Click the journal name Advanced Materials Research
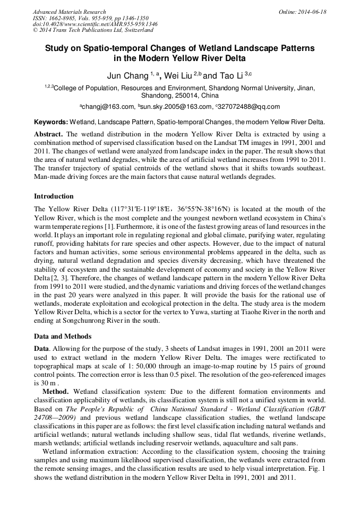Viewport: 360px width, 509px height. pyautogui.click(x=69, y=12)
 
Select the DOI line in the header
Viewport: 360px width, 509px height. pyautogui.click(x=95, y=24)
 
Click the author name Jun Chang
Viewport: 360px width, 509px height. pyautogui.click(x=127, y=75)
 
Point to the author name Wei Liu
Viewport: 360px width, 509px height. pyautogui.click(x=178, y=75)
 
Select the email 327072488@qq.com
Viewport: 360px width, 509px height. pyautogui.click(x=249, y=106)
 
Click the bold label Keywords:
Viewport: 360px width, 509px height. pyautogui.click(x=51, y=122)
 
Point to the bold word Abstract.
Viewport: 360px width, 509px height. pyautogui.click(x=49, y=133)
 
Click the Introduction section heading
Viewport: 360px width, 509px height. pyautogui.click(x=54, y=196)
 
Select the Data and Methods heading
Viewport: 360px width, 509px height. pyautogui.click(x=63, y=337)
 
